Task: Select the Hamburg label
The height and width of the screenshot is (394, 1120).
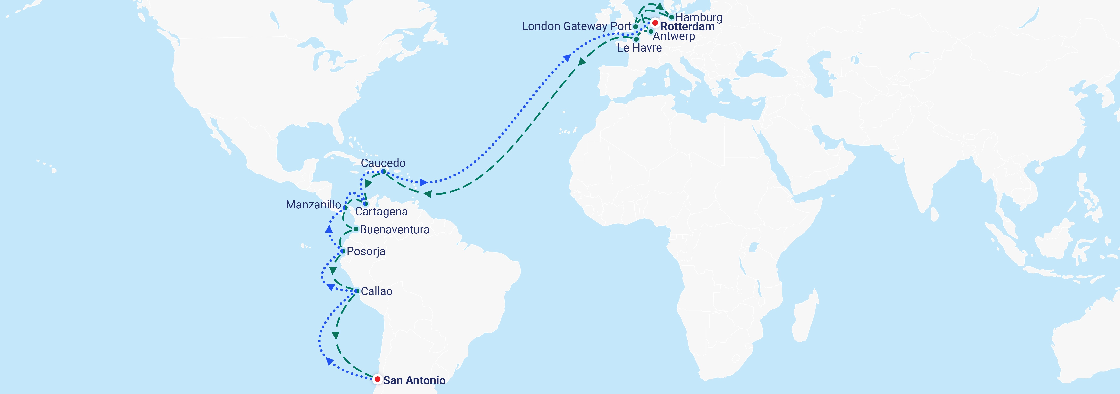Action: click(x=699, y=17)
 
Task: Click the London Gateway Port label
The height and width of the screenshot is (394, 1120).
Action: click(x=577, y=26)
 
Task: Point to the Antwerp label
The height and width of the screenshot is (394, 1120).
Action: click(x=674, y=36)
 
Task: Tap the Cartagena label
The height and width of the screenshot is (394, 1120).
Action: click(x=381, y=212)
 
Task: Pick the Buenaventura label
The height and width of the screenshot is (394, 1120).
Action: click(x=394, y=229)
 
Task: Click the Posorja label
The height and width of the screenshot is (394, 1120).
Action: click(x=366, y=251)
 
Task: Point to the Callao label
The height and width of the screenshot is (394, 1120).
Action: click(x=377, y=291)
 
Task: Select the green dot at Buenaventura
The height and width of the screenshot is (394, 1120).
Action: click(x=356, y=229)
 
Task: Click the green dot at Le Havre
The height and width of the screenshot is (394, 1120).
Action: click(x=636, y=39)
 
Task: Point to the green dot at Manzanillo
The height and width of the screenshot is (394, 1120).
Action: click(x=345, y=208)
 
